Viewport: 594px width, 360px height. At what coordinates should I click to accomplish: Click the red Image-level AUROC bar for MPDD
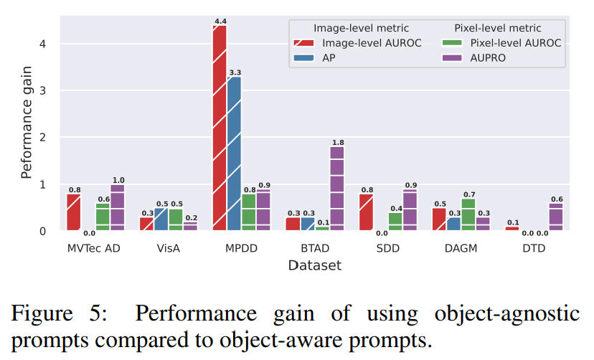pyautogui.click(x=219, y=129)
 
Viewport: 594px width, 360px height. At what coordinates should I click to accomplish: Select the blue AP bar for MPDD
pyautogui.click(x=234, y=154)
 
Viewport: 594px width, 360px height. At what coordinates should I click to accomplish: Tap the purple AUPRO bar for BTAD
pyautogui.click(x=337, y=188)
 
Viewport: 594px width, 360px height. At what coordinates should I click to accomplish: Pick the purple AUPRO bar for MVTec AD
pyautogui.click(x=117, y=207)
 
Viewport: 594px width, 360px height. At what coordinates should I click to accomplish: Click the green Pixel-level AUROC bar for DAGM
pyautogui.click(x=468, y=214)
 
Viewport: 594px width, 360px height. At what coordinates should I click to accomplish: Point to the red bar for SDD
pyautogui.click(x=366, y=212)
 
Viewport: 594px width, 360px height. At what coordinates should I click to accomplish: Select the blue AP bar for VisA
pyautogui.click(x=161, y=219)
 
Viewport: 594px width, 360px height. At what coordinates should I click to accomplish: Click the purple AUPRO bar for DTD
pyautogui.click(x=557, y=217)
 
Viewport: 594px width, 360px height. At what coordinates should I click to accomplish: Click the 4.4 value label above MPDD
pyautogui.click(x=220, y=22)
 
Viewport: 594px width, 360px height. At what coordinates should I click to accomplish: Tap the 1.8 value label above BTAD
pyautogui.click(x=337, y=142)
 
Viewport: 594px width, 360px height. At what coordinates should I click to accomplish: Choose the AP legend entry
pyautogui.click(x=329, y=58)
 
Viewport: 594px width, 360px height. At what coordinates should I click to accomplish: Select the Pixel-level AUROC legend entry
pyautogui.click(x=506, y=43)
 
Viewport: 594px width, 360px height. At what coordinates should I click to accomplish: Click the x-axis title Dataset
pyautogui.click(x=314, y=265)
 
